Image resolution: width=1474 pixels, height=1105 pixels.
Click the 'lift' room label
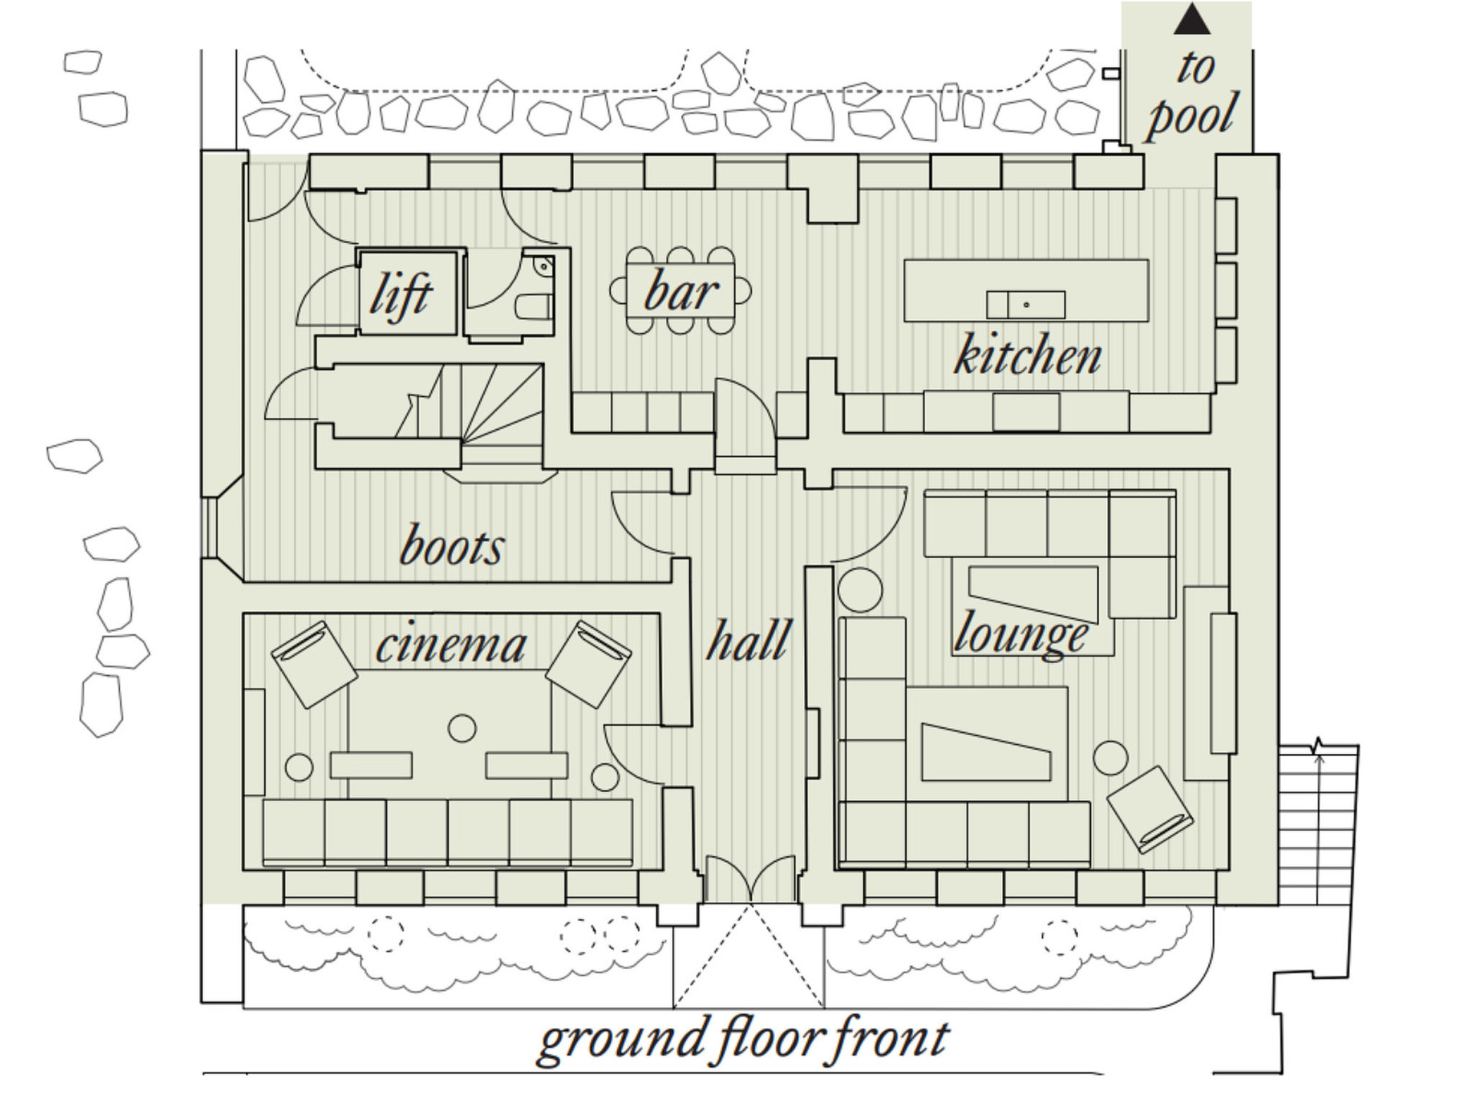tap(401, 295)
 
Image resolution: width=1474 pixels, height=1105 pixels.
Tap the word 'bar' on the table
tap(681, 291)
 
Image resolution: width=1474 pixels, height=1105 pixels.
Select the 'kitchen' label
tap(1028, 354)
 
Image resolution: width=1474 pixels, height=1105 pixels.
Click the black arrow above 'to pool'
tap(1192, 19)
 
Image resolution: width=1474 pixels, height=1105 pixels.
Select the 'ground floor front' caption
tap(743, 1040)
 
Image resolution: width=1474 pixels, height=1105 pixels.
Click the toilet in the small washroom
tap(535, 306)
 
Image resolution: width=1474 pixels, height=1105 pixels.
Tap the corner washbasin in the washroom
tap(544, 266)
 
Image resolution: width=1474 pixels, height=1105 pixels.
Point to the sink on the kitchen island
tap(1026, 305)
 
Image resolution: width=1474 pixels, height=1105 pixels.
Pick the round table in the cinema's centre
tap(462, 729)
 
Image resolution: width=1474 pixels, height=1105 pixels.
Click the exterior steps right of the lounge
tap(1318, 824)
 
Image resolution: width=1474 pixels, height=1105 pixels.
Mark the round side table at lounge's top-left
tap(860, 590)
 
